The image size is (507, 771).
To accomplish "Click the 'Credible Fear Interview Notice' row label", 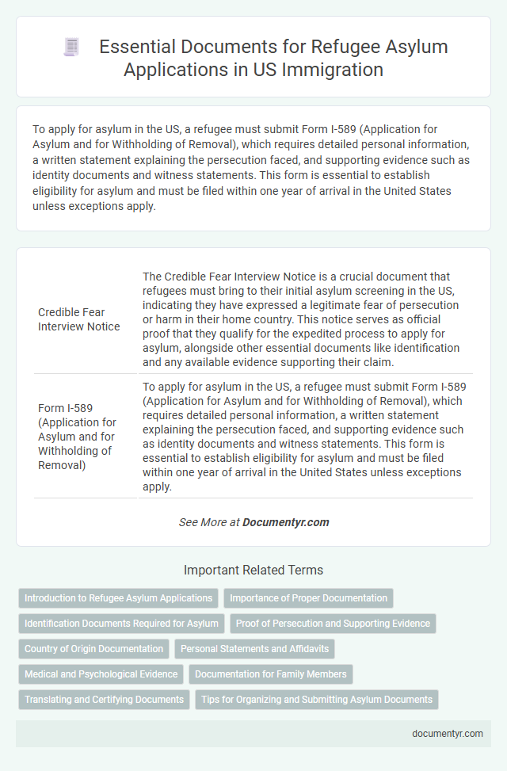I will coord(79,319).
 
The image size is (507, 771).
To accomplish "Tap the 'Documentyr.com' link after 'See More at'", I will coord(286,522).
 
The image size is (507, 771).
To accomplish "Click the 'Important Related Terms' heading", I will coord(253,570).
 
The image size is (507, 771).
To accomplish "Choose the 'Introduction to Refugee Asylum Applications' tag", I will coord(118,598).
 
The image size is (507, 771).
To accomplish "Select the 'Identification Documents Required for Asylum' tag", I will coord(121,624).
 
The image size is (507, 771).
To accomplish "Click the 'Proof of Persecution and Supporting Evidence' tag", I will coord(333,624).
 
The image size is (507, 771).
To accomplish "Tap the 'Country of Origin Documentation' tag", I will coord(93,649).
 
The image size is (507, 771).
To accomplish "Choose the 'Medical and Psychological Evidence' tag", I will coord(101,674).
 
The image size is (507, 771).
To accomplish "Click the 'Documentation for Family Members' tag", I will coord(270,674).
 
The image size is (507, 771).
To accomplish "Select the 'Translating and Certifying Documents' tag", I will coord(104,700).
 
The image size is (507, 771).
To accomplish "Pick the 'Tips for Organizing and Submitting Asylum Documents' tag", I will coord(316,700).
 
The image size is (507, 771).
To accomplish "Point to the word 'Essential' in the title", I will coord(135,47).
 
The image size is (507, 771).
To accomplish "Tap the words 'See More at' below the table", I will coord(209,522).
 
